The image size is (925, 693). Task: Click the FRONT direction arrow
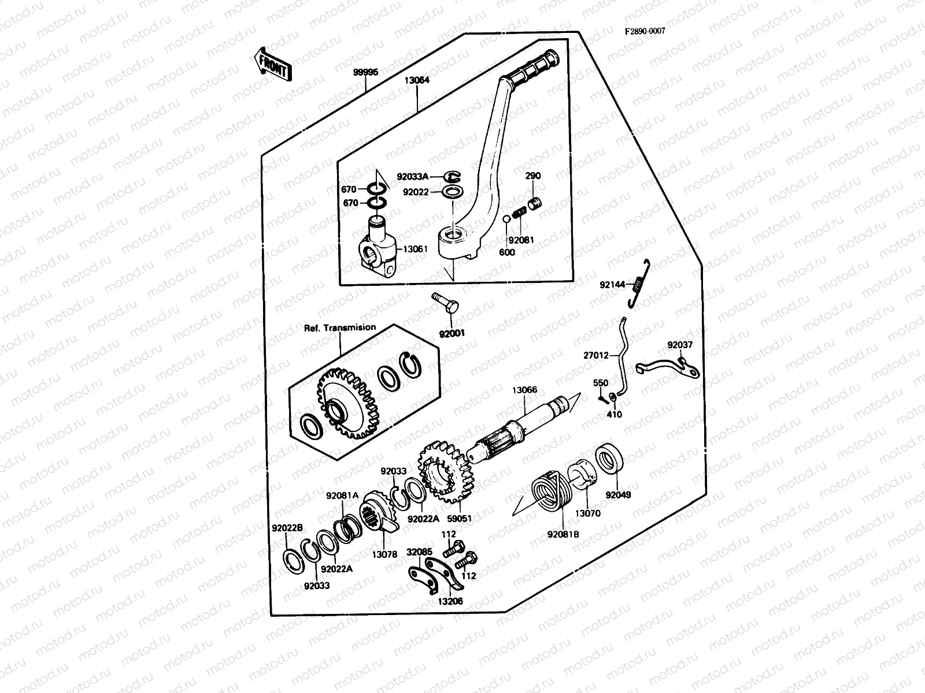(x=272, y=64)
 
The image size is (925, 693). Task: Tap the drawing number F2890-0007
(x=644, y=31)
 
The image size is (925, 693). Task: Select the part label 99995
(x=365, y=72)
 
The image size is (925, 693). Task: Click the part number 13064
(x=417, y=80)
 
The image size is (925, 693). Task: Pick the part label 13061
(x=415, y=249)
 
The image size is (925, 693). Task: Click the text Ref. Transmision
(x=340, y=327)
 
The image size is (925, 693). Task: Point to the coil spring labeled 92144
(x=639, y=282)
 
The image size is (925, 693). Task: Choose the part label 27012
(x=595, y=356)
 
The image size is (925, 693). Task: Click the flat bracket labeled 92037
(x=668, y=367)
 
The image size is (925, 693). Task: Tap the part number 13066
(x=524, y=390)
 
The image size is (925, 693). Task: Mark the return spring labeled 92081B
(x=549, y=490)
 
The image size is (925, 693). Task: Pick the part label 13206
(x=450, y=601)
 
